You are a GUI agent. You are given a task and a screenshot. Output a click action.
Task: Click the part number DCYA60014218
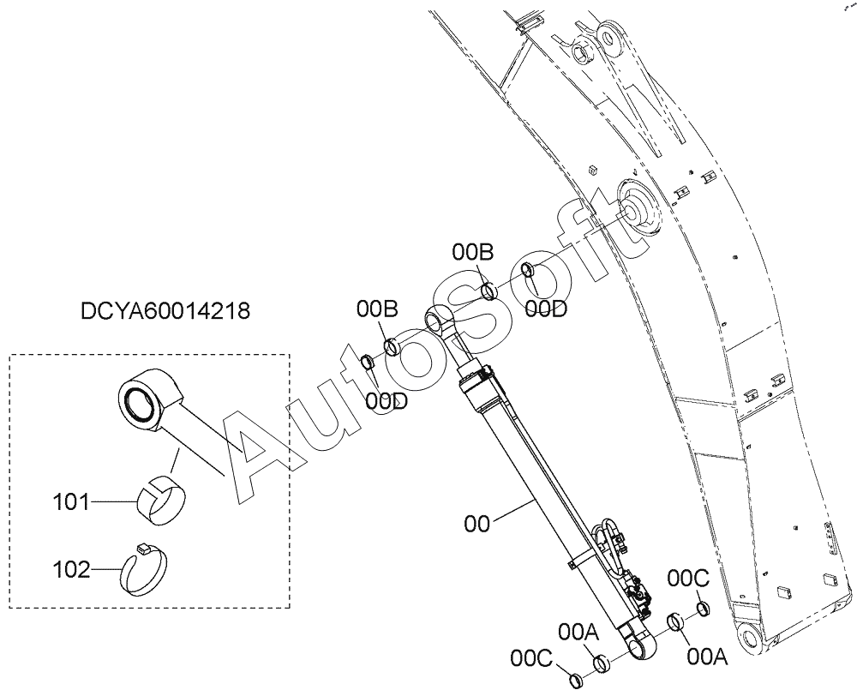pos(165,311)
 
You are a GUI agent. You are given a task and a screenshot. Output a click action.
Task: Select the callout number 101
pos(70,501)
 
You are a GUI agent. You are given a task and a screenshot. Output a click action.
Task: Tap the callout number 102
pos(70,570)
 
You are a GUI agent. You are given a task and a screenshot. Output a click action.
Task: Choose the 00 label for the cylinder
pos(476,525)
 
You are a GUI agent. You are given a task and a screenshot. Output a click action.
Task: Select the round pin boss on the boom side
pos(638,209)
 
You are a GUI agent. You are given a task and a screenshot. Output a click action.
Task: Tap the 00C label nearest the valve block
pos(689,578)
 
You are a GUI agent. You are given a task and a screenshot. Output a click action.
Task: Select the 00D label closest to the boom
pos(546,309)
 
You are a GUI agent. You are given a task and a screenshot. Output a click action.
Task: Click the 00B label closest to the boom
pos(473,252)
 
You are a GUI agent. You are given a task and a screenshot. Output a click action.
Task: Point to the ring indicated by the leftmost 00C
pos(577,681)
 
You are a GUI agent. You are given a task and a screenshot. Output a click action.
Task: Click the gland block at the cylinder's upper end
pos(476,386)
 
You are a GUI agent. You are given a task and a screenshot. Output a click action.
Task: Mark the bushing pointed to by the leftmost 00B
pos(393,347)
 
